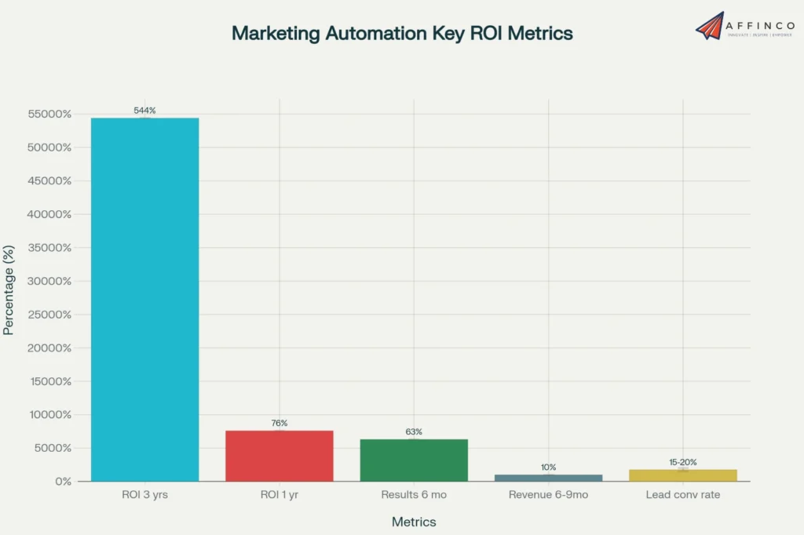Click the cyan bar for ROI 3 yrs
click(144, 299)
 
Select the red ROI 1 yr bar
click(279, 456)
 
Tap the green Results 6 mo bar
click(414, 460)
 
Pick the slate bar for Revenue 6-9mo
click(548, 477)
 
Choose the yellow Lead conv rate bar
click(682, 475)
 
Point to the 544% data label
click(144, 111)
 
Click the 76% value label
click(280, 423)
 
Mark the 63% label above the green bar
click(414, 431)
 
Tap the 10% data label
click(548, 467)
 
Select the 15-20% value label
click(682, 462)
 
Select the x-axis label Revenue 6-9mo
click(548, 495)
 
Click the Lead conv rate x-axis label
click(682, 495)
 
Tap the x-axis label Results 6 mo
click(414, 495)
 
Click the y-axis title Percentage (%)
click(9, 300)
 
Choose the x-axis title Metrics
click(414, 522)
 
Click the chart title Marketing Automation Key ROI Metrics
click(402, 33)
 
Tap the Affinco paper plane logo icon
click(710, 25)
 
